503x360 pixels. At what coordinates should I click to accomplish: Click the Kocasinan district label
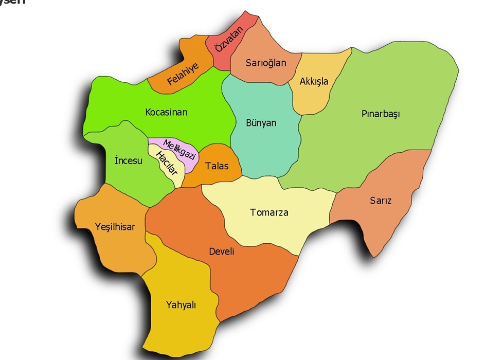(166, 112)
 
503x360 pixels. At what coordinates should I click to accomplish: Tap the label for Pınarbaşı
(381, 114)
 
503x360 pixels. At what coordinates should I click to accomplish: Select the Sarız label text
(381, 201)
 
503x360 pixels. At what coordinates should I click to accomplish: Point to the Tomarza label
(269, 212)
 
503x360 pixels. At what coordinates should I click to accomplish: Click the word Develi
(222, 251)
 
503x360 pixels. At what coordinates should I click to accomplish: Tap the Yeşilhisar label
(115, 226)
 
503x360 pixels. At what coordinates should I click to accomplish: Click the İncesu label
(129, 161)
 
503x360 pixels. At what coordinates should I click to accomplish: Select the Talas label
(217, 166)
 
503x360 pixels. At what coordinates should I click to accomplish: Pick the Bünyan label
(261, 123)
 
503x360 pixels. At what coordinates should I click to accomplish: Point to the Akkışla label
(314, 81)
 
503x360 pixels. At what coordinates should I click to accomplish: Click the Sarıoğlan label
(266, 63)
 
